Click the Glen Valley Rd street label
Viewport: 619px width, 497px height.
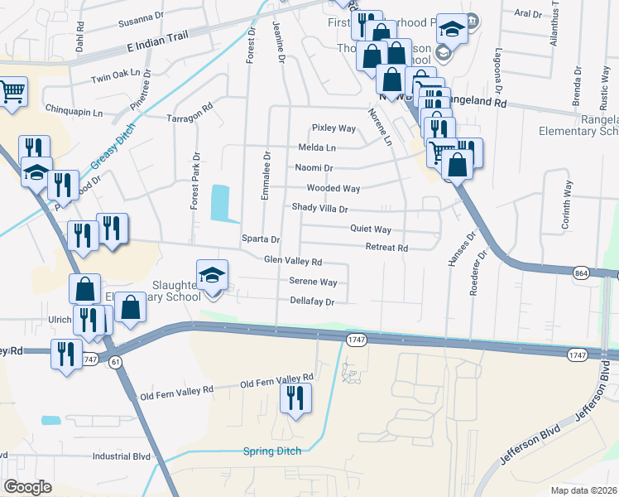(x=292, y=261)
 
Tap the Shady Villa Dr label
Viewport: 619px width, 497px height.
(x=319, y=209)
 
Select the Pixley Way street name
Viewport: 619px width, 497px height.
(x=333, y=128)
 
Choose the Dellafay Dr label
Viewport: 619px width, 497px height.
(x=312, y=302)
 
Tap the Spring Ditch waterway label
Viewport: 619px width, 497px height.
(x=271, y=451)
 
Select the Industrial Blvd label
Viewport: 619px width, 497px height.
(x=122, y=456)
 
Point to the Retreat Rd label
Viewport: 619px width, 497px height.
(x=386, y=248)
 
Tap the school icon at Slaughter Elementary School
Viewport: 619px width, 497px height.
(x=212, y=275)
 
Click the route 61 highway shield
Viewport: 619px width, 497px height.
(x=115, y=360)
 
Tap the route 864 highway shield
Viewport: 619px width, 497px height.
(x=580, y=273)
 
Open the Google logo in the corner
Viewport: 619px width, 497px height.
(x=27, y=487)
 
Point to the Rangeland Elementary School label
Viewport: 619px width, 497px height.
(x=578, y=125)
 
